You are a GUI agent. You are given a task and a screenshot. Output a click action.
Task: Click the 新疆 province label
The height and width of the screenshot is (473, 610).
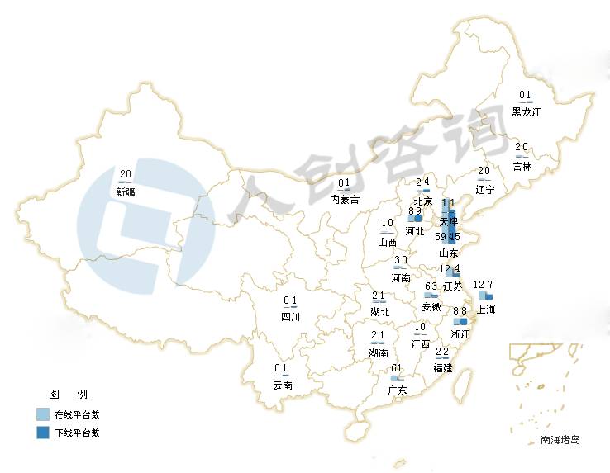pos(126,192)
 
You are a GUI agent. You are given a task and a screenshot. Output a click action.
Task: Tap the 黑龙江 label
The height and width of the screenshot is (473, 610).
pos(526,111)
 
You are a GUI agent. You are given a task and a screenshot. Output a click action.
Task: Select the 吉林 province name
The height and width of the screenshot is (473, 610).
pos(522,165)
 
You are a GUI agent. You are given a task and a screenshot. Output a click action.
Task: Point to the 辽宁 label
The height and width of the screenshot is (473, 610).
pos(484,189)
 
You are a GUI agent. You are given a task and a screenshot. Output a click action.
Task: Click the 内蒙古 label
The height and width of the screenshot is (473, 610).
pos(345,199)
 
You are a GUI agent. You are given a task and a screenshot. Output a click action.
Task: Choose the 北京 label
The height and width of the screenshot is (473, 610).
pos(422,201)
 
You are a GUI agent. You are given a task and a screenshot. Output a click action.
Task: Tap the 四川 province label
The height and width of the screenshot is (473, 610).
pos(290,316)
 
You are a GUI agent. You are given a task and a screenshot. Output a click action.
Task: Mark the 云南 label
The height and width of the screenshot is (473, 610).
pos(282,385)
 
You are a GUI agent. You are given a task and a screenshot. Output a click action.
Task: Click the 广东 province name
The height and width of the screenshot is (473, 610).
pos(397,390)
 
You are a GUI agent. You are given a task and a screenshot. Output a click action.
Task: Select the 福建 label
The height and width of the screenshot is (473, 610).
pos(442,367)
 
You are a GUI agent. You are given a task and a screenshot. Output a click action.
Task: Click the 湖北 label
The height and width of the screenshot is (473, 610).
pos(379,311)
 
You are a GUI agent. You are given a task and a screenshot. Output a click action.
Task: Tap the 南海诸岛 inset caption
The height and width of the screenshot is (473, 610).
pos(560,440)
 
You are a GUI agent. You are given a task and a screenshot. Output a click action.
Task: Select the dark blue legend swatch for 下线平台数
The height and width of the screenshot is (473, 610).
pos(43,433)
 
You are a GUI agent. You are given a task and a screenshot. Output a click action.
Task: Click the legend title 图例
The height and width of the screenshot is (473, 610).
pos(69,394)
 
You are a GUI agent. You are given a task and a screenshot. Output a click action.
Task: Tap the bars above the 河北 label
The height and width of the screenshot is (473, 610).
pos(415,217)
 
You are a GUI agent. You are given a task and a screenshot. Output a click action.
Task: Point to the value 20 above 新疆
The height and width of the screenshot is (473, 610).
pos(126,174)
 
